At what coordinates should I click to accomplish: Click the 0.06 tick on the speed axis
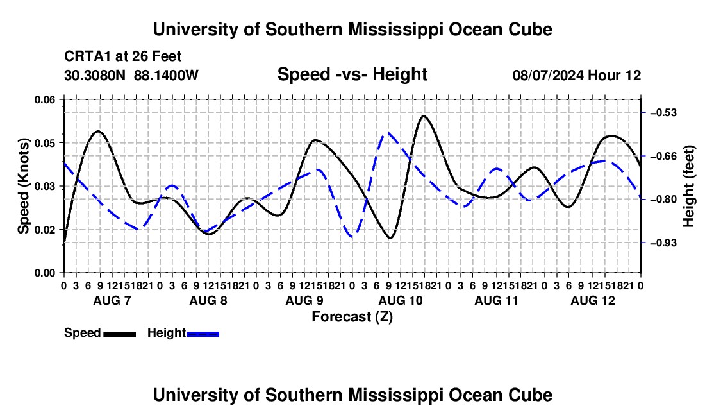click(x=44, y=100)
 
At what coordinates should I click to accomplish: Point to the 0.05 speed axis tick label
click(x=44, y=143)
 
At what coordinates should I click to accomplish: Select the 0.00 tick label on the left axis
click(x=44, y=273)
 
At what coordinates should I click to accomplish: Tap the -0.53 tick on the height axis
click(x=663, y=113)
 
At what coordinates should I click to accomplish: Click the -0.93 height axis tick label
click(x=663, y=243)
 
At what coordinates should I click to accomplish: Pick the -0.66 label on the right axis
click(x=663, y=157)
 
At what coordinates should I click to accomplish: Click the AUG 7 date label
click(x=112, y=300)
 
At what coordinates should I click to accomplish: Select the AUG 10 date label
click(x=401, y=300)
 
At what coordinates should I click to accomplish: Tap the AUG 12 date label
click(x=593, y=300)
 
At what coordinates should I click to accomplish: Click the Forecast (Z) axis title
click(x=352, y=317)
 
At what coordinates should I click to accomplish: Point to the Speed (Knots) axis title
click(x=23, y=186)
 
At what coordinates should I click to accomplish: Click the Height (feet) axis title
click(x=689, y=186)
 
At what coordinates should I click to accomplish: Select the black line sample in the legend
click(x=120, y=334)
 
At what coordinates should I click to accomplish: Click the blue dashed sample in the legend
click(x=203, y=334)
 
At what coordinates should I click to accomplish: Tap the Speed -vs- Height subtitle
click(x=352, y=74)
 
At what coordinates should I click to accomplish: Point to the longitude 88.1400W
click(x=166, y=75)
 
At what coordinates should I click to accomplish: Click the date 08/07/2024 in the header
click(x=548, y=75)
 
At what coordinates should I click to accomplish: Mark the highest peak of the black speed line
click(x=424, y=116)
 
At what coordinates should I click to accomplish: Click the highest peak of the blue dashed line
click(x=388, y=133)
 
